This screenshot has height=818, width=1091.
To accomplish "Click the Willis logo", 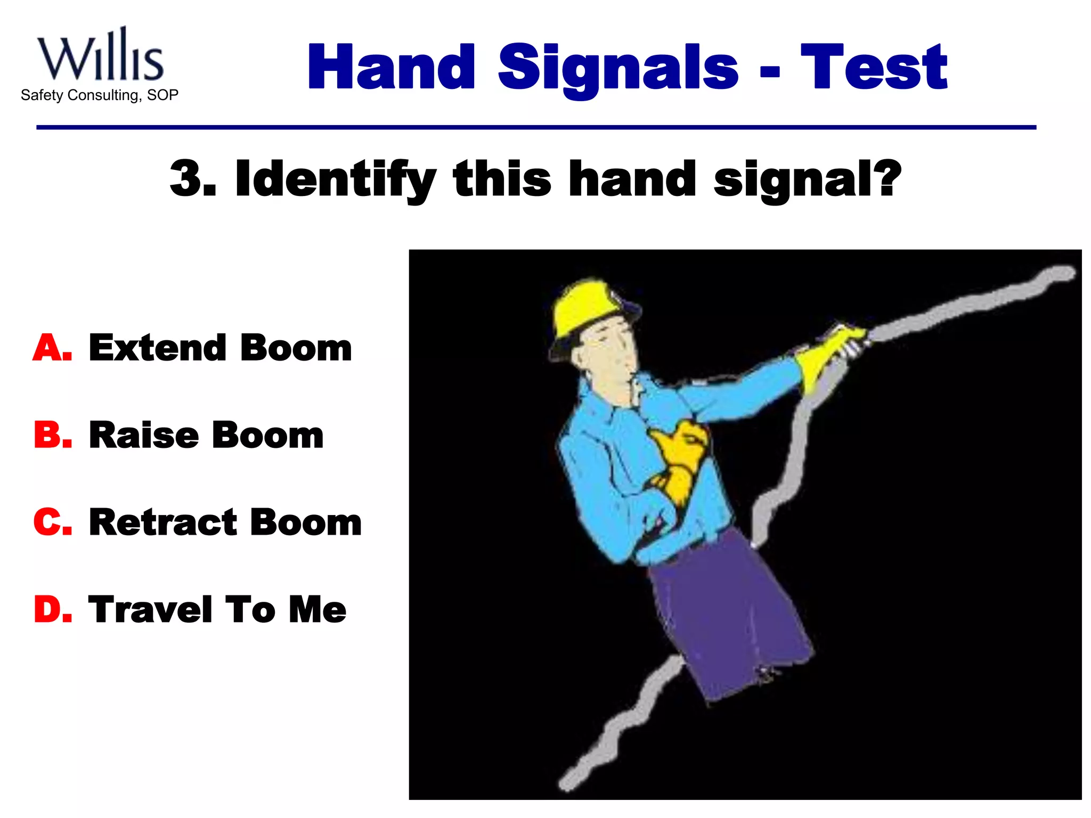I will [100, 56].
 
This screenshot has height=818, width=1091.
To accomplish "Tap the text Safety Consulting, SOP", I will [100, 95].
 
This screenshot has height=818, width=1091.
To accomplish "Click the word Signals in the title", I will [618, 68].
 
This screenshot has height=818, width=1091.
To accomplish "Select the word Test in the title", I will [874, 68].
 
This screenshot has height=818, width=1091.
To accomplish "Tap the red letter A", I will [52, 348].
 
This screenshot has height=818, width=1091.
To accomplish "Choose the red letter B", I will [52, 436].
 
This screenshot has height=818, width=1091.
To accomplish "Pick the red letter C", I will [52, 522].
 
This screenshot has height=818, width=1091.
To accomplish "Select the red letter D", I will [52, 610].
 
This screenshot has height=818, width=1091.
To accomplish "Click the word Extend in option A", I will [157, 348].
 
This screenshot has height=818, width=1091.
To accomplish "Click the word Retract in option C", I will [162, 522].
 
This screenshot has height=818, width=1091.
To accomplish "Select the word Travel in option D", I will [151, 610].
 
